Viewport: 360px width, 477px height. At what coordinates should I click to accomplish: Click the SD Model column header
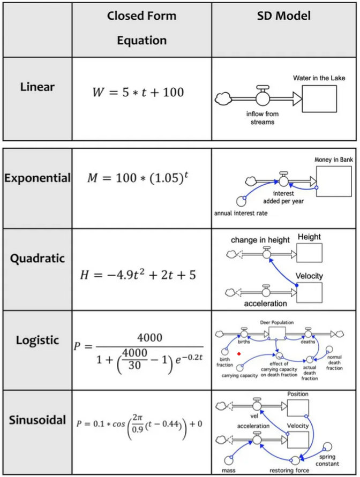[283, 16]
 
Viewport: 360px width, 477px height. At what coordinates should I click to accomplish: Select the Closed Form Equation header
[141, 28]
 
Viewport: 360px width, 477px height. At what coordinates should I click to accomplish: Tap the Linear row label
[37, 86]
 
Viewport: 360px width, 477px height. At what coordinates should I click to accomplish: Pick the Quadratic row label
[37, 258]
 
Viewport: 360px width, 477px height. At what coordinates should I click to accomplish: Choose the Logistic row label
[37, 340]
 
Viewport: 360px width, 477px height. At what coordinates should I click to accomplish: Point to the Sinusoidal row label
[37, 419]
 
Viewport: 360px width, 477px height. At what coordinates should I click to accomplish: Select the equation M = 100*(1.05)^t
[138, 177]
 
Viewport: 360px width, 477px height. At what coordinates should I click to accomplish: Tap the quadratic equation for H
[141, 275]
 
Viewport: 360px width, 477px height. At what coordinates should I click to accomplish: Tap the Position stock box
[298, 409]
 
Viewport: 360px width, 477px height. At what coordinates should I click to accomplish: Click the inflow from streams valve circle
[262, 99]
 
